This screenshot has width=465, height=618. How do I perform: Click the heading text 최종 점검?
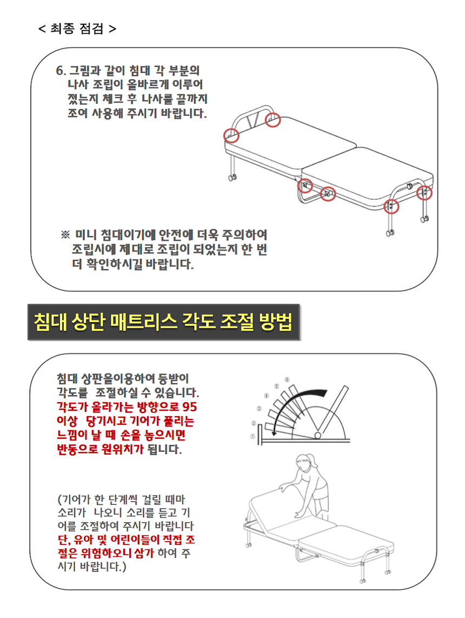(x=77, y=28)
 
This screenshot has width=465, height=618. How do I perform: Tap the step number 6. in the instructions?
(x=61, y=70)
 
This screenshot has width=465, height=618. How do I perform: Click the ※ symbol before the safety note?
(x=65, y=235)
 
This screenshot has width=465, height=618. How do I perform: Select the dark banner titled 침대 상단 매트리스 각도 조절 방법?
(x=163, y=322)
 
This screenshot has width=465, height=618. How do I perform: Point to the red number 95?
(x=189, y=407)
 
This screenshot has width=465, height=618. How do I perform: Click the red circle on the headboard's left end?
(x=231, y=135)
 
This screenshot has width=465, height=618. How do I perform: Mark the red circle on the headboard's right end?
(x=273, y=120)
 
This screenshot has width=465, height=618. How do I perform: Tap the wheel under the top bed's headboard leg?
(x=232, y=177)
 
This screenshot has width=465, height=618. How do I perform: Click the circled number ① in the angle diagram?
(x=253, y=436)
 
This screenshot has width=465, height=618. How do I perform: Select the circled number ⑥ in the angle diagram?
(x=287, y=379)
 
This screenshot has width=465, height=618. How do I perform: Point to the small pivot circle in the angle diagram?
(x=317, y=435)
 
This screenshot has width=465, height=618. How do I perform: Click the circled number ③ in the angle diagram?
(x=259, y=409)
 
